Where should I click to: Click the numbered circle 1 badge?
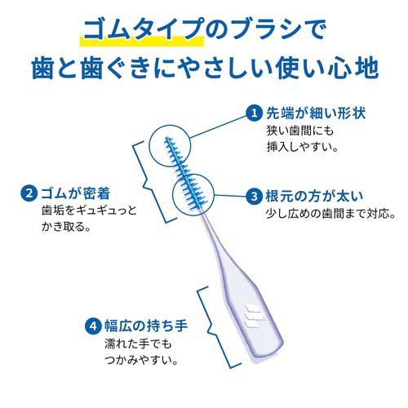(255, 113)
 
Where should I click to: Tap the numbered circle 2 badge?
(29, 193)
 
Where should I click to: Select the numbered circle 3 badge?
(254, 196)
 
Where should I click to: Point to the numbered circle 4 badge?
(93, 326)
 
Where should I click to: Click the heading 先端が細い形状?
(316, 113)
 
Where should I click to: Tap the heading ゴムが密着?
(75, 193)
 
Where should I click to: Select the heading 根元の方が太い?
(314, 196)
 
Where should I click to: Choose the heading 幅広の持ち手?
(146, 326)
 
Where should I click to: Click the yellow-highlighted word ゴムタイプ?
(144, 29)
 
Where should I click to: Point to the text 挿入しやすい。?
(303, 147)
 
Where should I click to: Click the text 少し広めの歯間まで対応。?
(330, 214)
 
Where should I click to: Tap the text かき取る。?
(66, 227)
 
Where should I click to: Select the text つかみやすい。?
(141, 360)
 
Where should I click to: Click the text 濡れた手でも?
(138, 344)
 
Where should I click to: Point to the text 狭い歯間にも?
(300, 131)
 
